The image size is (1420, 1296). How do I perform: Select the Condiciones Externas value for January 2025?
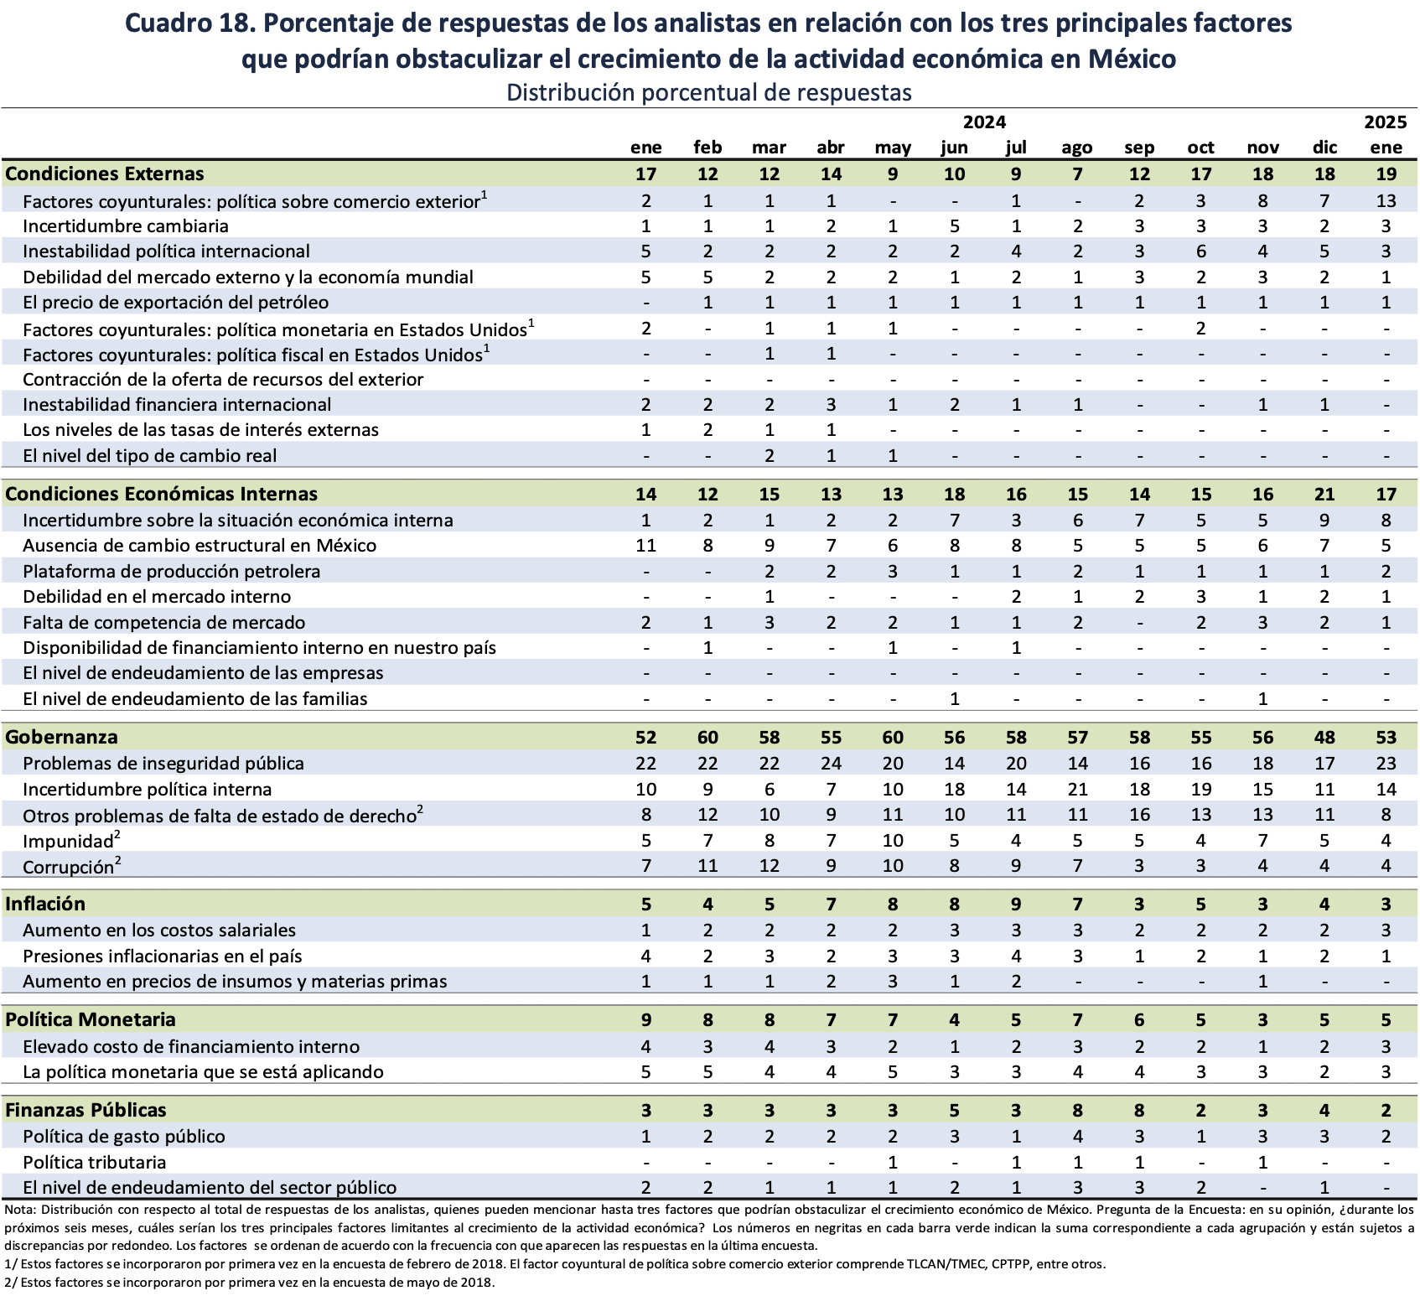1386,174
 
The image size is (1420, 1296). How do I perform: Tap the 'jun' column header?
954,148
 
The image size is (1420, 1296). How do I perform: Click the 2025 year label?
1386,122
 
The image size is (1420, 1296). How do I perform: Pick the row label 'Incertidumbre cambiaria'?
126,226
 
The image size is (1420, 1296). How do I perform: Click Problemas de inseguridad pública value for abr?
831,764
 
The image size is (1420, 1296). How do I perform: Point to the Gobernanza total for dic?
1324,738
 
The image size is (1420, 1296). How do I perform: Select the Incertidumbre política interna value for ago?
1077,790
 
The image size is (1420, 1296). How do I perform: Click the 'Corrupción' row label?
68,867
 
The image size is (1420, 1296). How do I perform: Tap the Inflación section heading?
45,904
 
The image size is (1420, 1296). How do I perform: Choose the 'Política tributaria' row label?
94,1163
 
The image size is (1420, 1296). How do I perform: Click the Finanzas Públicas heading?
86,1110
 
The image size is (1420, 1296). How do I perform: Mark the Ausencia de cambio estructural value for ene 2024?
645,546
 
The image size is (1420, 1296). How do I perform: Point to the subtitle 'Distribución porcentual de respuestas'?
709,92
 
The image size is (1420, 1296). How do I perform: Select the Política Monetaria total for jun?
954,1020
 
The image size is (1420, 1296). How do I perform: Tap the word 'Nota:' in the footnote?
20,1210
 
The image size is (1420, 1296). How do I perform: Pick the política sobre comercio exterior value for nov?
1262,201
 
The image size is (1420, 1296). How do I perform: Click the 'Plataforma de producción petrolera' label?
172,572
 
